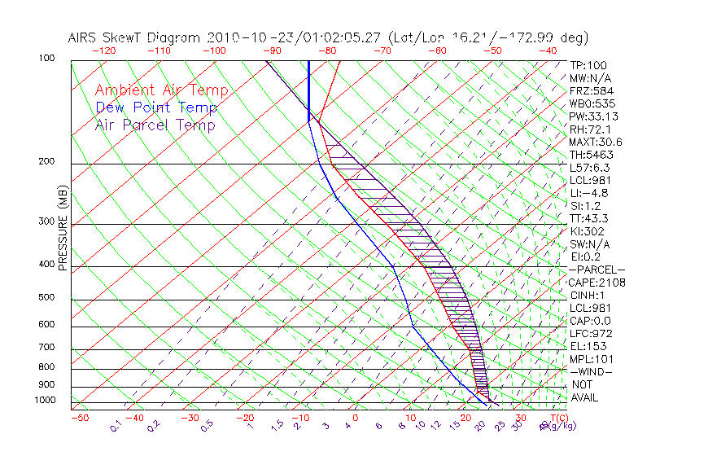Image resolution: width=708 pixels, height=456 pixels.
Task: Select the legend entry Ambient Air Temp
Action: [x=161, y=90]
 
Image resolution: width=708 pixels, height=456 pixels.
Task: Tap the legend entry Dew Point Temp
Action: [x=156, y=107]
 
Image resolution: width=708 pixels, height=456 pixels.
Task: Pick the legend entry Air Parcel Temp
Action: [x=155, y=125]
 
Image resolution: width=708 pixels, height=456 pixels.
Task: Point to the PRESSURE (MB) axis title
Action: [x=63, y=228]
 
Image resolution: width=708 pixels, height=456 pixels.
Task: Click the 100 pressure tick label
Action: [x=46, y=59]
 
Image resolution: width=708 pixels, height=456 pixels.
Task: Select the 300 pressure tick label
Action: [x=46, y=221]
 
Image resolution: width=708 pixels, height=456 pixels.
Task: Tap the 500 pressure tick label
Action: [x=46, y=298]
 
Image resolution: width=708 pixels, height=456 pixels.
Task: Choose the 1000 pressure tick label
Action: [x=44, y=401]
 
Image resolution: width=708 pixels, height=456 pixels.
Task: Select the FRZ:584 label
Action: [x=592, y=90]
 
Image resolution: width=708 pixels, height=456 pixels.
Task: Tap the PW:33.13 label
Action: [x=595, y=116]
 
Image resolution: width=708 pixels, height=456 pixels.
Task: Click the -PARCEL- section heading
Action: [x=597, y=270]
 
